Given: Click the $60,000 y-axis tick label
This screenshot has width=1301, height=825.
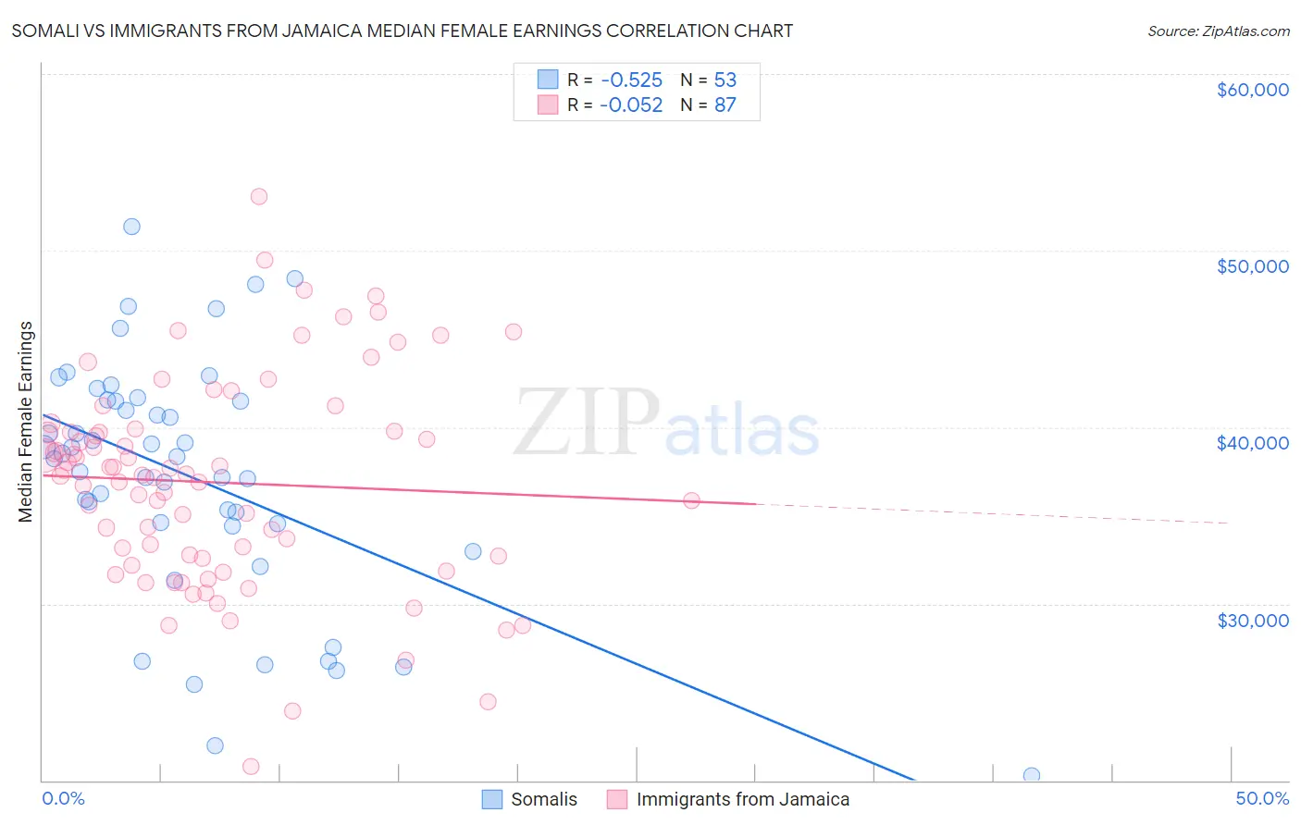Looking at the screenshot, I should click(x=1252, y=90).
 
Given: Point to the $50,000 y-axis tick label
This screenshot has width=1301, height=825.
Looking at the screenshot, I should click(x=1252, y=266).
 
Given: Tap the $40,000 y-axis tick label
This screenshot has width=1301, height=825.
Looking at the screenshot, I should click(x=1252, y=443).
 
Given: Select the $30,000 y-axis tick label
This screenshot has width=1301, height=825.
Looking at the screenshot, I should click(x=1252, y=620).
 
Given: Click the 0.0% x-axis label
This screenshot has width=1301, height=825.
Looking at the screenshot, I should click(x=63, y=799).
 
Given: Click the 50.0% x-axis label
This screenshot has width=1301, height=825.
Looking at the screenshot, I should click(x=1262, y=799).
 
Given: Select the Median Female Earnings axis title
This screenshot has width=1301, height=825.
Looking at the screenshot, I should click(x=26, y=422).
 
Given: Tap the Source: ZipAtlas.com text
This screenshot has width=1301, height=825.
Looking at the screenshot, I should click(x=1218, y=31).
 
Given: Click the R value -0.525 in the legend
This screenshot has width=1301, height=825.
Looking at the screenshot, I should click(x=630, y=80).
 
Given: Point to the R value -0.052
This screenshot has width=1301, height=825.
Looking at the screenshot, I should click(x=630, y=105).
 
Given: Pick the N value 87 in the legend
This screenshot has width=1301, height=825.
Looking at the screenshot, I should click(x=725, y=105).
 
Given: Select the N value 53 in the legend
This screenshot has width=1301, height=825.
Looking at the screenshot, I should click(x=725, y=80).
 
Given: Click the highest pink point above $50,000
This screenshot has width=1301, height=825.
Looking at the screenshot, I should click(x=259, y=197).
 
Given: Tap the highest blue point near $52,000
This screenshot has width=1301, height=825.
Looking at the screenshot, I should click(x=131, y=227).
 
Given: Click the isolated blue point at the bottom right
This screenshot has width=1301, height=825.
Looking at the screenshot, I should click(x=1032, y=775).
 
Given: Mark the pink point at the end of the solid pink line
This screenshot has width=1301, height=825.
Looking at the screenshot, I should click(x=691, y=500).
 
